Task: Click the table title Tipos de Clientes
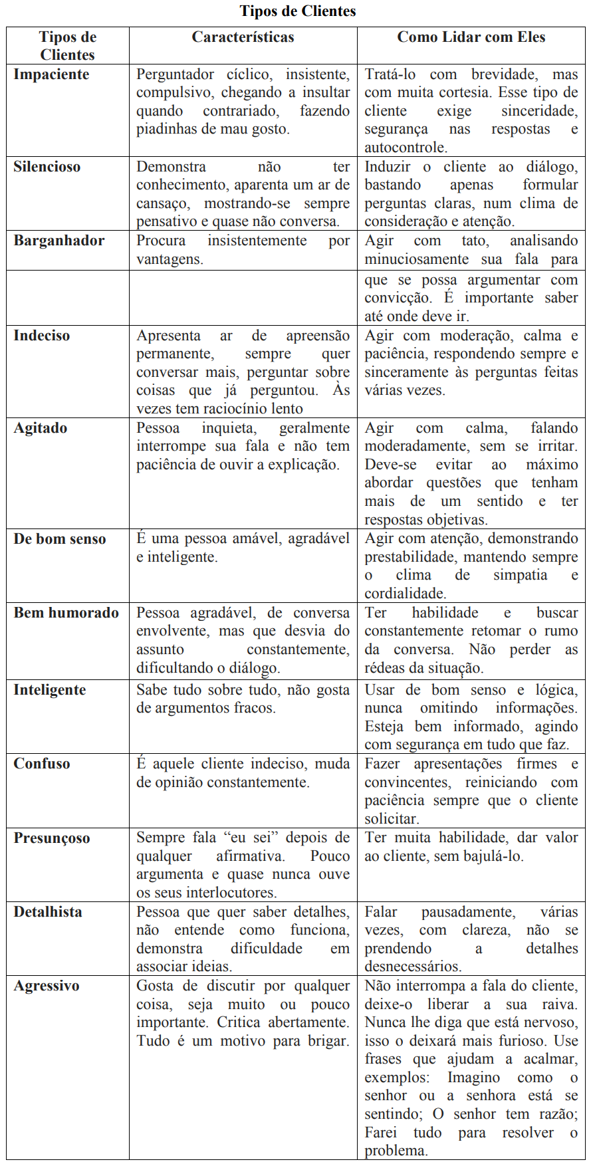298,11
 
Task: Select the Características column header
243,37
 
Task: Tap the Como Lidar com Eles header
471,37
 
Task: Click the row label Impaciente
51,74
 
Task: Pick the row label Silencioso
47,167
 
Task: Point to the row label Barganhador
59,241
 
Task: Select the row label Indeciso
41,336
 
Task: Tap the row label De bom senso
60,539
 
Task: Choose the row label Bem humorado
66,613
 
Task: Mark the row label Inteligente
50,690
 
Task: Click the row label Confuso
42,764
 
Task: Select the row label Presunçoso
52,838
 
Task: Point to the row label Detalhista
48,912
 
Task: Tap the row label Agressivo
47,986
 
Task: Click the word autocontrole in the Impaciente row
405,148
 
